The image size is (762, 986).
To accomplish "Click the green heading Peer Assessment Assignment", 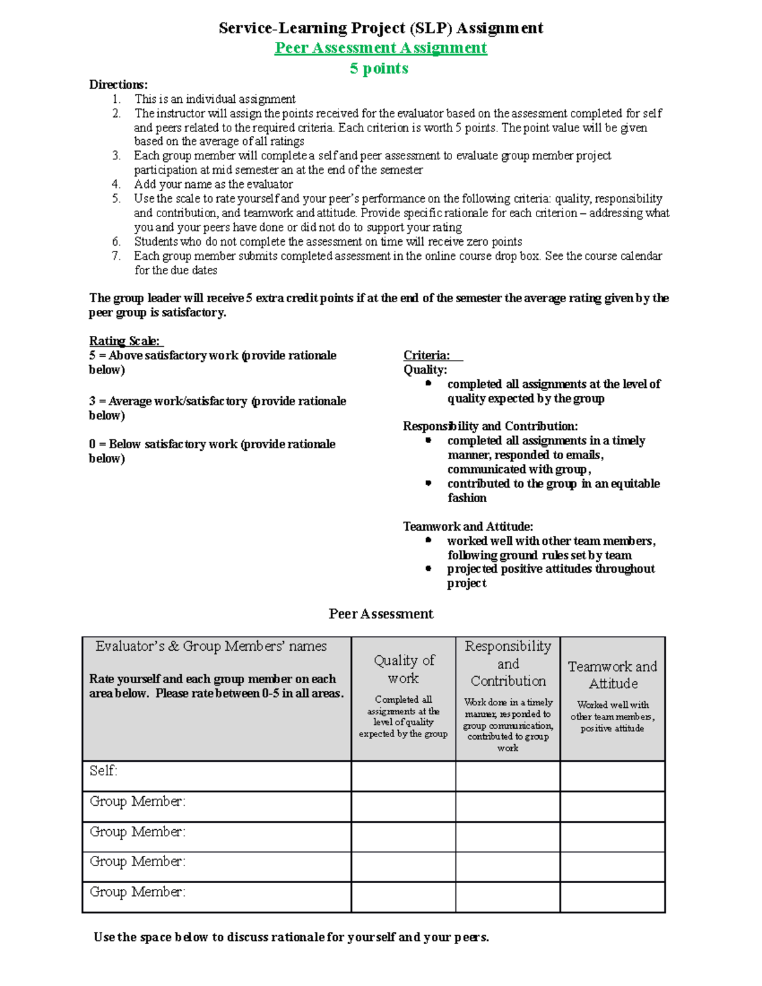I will pos(380,48).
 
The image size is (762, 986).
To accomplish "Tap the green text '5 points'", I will pos(379,69).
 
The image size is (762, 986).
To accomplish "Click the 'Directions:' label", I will pos(118,84).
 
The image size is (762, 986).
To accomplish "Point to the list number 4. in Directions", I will pos(116,184).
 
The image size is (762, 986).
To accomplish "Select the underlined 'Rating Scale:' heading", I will pos(125,341).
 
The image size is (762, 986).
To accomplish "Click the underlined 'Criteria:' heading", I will pos(427,356).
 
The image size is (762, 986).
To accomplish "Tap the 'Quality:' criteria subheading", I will pos(425,370).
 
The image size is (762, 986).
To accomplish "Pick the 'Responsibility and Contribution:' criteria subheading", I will pos(490,426).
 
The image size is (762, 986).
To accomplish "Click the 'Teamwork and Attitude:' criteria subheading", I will pos(468,526).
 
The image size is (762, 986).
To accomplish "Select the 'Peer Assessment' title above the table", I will pos(380,614).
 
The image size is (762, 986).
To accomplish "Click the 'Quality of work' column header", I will pos(404,669).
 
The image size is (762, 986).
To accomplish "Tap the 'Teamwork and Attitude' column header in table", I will pos(612,675).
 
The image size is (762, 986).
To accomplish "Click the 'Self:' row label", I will pos(104,771).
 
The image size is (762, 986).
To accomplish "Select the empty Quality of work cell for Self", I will pos(403,776).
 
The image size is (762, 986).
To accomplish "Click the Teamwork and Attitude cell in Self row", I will pos(612,776).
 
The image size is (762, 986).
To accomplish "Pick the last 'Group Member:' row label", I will pos(137,892).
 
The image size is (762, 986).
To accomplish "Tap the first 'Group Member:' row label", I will pos(137,801).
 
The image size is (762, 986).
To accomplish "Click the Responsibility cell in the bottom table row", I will pos(507,897).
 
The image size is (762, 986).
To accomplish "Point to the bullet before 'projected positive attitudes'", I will pos(429,569).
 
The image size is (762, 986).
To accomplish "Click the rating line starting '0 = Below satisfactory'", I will pos(211,444).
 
